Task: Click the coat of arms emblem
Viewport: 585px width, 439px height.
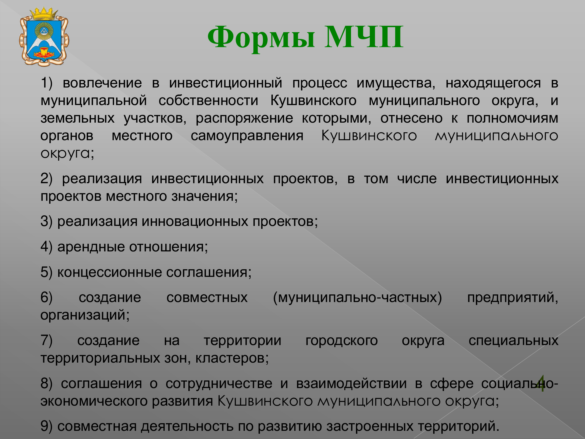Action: coord(44,37)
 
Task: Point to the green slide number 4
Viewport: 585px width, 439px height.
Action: coord(541,383)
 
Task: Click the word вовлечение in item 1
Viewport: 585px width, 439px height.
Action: coord(102,83)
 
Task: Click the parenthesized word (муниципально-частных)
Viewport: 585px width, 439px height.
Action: coord(357,298)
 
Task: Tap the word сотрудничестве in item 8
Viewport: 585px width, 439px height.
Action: coord(219,384)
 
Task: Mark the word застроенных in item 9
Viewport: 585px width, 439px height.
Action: coord(370,427)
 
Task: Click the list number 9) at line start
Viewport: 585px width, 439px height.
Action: coord(47,427)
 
